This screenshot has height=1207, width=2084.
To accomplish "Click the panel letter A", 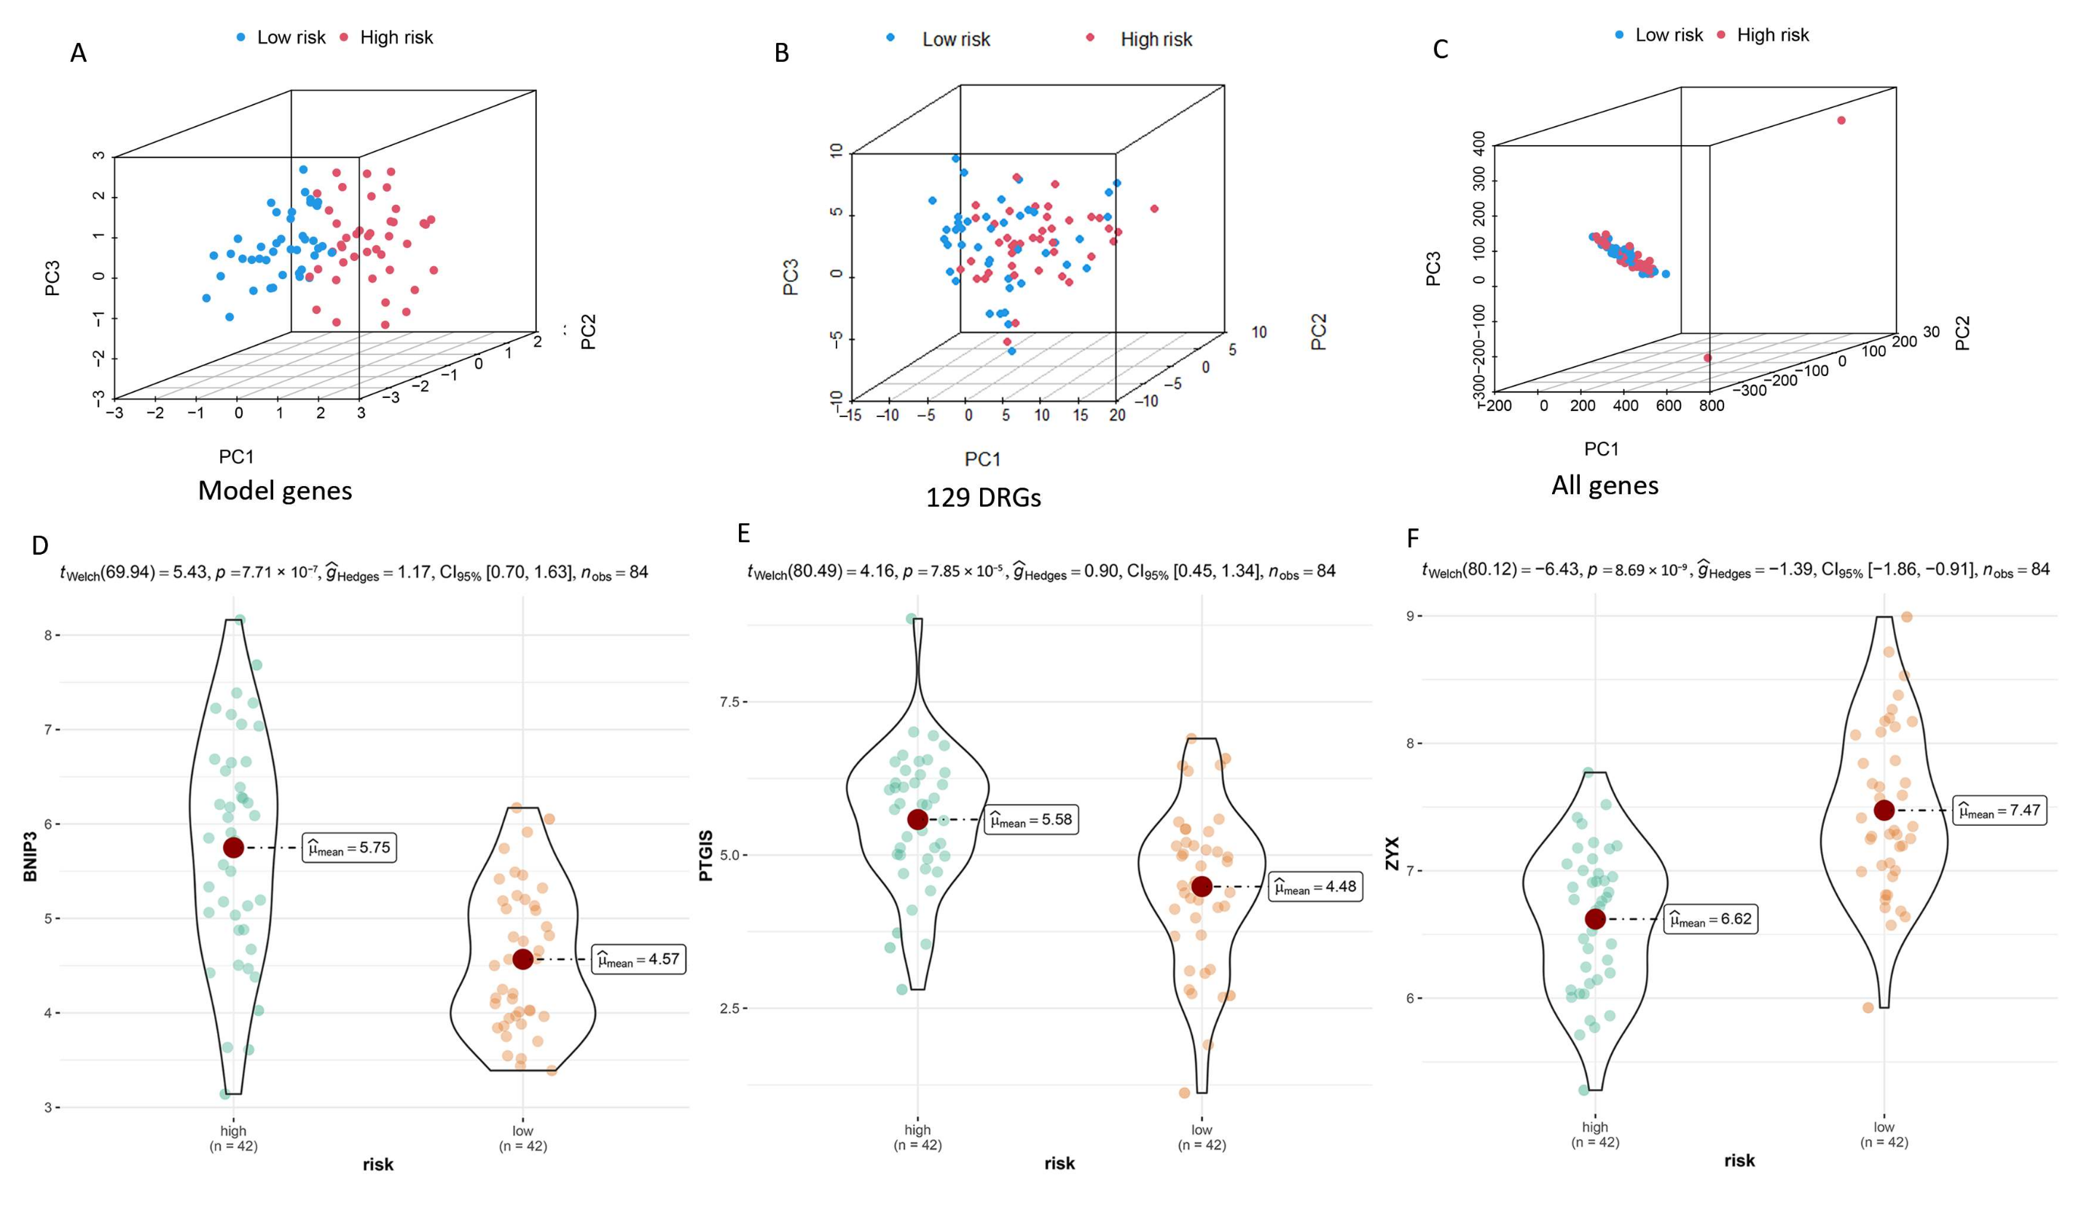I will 79,53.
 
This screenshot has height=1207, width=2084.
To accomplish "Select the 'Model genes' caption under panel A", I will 275,491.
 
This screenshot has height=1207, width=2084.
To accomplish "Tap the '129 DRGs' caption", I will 982,497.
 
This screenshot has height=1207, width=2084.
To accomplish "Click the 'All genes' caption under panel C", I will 1605,485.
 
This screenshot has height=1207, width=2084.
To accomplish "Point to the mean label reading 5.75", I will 349,848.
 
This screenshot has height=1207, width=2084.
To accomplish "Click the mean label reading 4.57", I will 638,960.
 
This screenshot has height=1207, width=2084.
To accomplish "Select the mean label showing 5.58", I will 1031,820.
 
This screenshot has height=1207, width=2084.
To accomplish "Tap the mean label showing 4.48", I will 1316,887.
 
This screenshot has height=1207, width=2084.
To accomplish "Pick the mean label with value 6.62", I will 1710,919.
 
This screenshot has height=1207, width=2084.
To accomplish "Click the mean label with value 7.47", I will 1999,810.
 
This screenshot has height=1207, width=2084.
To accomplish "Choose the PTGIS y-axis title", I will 706,856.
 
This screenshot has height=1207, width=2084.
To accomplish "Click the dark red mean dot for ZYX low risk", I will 1884,810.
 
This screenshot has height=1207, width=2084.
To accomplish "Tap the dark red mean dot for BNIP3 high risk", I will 233,847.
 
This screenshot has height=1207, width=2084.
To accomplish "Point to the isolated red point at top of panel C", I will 1841,121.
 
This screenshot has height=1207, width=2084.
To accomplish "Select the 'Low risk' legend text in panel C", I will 1668,35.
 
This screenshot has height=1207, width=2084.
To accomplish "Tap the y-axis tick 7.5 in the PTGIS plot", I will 729,702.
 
